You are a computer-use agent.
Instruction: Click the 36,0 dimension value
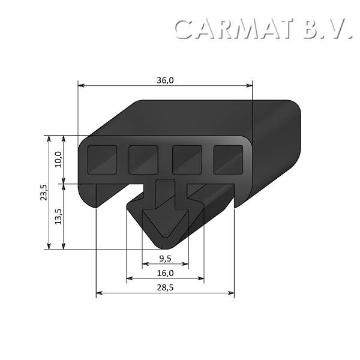[x=165, y=80]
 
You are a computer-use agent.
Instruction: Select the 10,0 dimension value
[x=58, y=159]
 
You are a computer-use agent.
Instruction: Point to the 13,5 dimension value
[x=58, y=216]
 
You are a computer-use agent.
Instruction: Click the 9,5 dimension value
[x=165, y=259]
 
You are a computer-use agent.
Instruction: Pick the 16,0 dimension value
[x=165, y=274]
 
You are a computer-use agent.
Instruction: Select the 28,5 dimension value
[x=165, y=288]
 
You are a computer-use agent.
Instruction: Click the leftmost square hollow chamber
[x=102, y=159]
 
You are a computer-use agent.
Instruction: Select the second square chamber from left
[x=143, y=159]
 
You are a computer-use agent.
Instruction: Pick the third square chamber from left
[x=187, y=159]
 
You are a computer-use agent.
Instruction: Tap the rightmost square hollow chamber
[x=228, y=159]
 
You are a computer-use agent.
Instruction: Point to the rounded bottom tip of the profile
[x=165, y=245]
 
